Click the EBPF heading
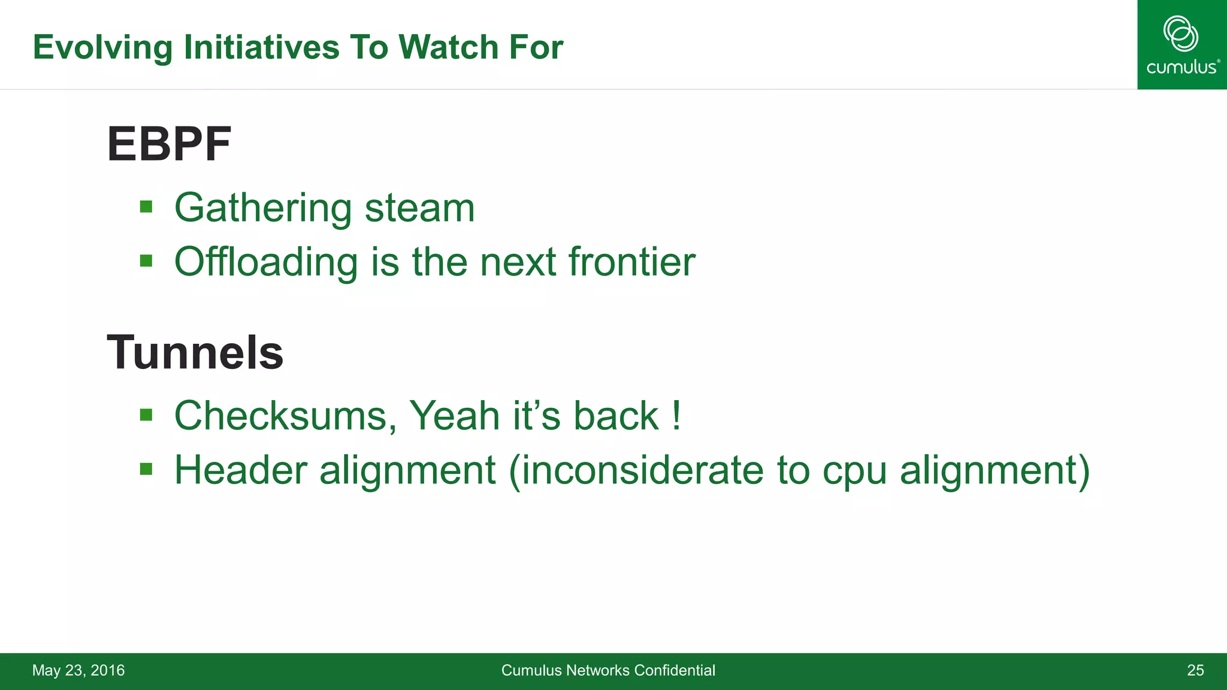click(169, 144)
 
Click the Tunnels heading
click(195, 353)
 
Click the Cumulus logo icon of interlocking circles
click(1180, 34)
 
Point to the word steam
click(419, 208)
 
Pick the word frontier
click(631, 262)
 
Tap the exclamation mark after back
click(676, 415)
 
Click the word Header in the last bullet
click(240, 470)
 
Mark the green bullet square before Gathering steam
click(146, 207)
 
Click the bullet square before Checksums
click(146, 414)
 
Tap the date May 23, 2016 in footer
click(78, 670)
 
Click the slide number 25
click(1195, 670)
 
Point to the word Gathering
click(263, 209)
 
